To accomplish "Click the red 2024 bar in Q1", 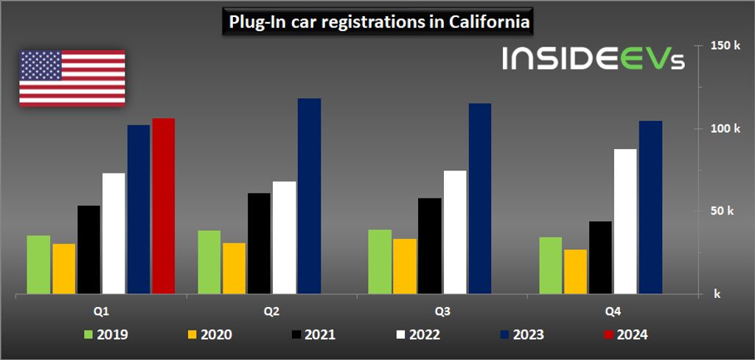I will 164,206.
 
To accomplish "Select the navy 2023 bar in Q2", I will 310,196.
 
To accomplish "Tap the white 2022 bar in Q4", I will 625,221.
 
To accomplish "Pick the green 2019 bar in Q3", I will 380,262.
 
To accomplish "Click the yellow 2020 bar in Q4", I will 576,271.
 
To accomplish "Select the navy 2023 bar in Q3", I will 480,198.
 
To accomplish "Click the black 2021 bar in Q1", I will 88,249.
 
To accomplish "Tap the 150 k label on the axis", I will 725,46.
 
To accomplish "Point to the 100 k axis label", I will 725,128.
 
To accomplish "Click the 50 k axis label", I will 725,211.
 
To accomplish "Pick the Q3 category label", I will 442,312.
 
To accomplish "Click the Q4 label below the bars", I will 613,312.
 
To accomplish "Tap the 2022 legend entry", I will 417,335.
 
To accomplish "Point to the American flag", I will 72,77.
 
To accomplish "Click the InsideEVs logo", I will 594,59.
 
